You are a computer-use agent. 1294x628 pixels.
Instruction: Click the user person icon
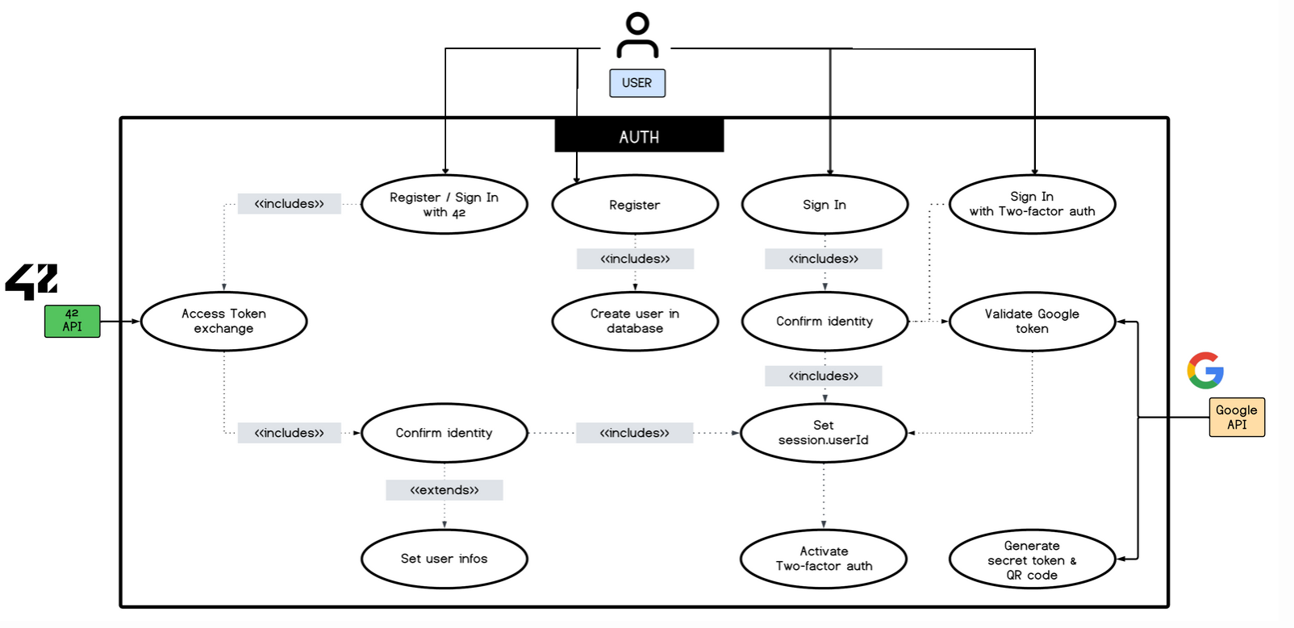tap(637, 35)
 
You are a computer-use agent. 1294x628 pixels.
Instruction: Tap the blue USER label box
tap(637, 83)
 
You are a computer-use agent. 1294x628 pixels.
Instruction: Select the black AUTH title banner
tap(639, 136)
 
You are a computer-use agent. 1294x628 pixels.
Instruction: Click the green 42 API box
tap(73, 321)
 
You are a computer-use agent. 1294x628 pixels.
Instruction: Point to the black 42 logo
tap(32, 281)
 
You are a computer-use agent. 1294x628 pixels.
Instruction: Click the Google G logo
tap(1205, 370)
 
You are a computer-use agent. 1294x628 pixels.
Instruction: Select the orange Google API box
tap(1237, 417)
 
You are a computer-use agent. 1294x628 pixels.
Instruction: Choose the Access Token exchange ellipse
tap(223, 321)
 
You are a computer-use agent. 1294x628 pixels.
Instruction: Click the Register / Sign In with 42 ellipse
tap(445, 205)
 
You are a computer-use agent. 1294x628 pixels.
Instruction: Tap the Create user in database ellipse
tap(635, 321)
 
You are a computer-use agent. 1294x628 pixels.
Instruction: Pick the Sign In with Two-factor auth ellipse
tap(1032, 204)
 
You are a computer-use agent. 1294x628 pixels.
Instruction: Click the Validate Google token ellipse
tap(1032, 321)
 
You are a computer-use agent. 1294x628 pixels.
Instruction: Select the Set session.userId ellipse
tap(824, 433)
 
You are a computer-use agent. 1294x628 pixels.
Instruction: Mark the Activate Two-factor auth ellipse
tap(824, 559)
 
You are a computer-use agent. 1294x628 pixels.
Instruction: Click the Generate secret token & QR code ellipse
tap(1032, 559)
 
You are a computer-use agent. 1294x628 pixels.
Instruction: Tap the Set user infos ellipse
tap(445, 559)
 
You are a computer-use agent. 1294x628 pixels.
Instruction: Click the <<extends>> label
tap(445, 490)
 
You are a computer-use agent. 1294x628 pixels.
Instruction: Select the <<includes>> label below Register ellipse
tap(635, 259)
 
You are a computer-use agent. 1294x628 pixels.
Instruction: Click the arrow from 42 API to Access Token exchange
tap(120, 321)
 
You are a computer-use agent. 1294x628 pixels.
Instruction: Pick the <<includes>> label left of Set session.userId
tap(635, 433)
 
